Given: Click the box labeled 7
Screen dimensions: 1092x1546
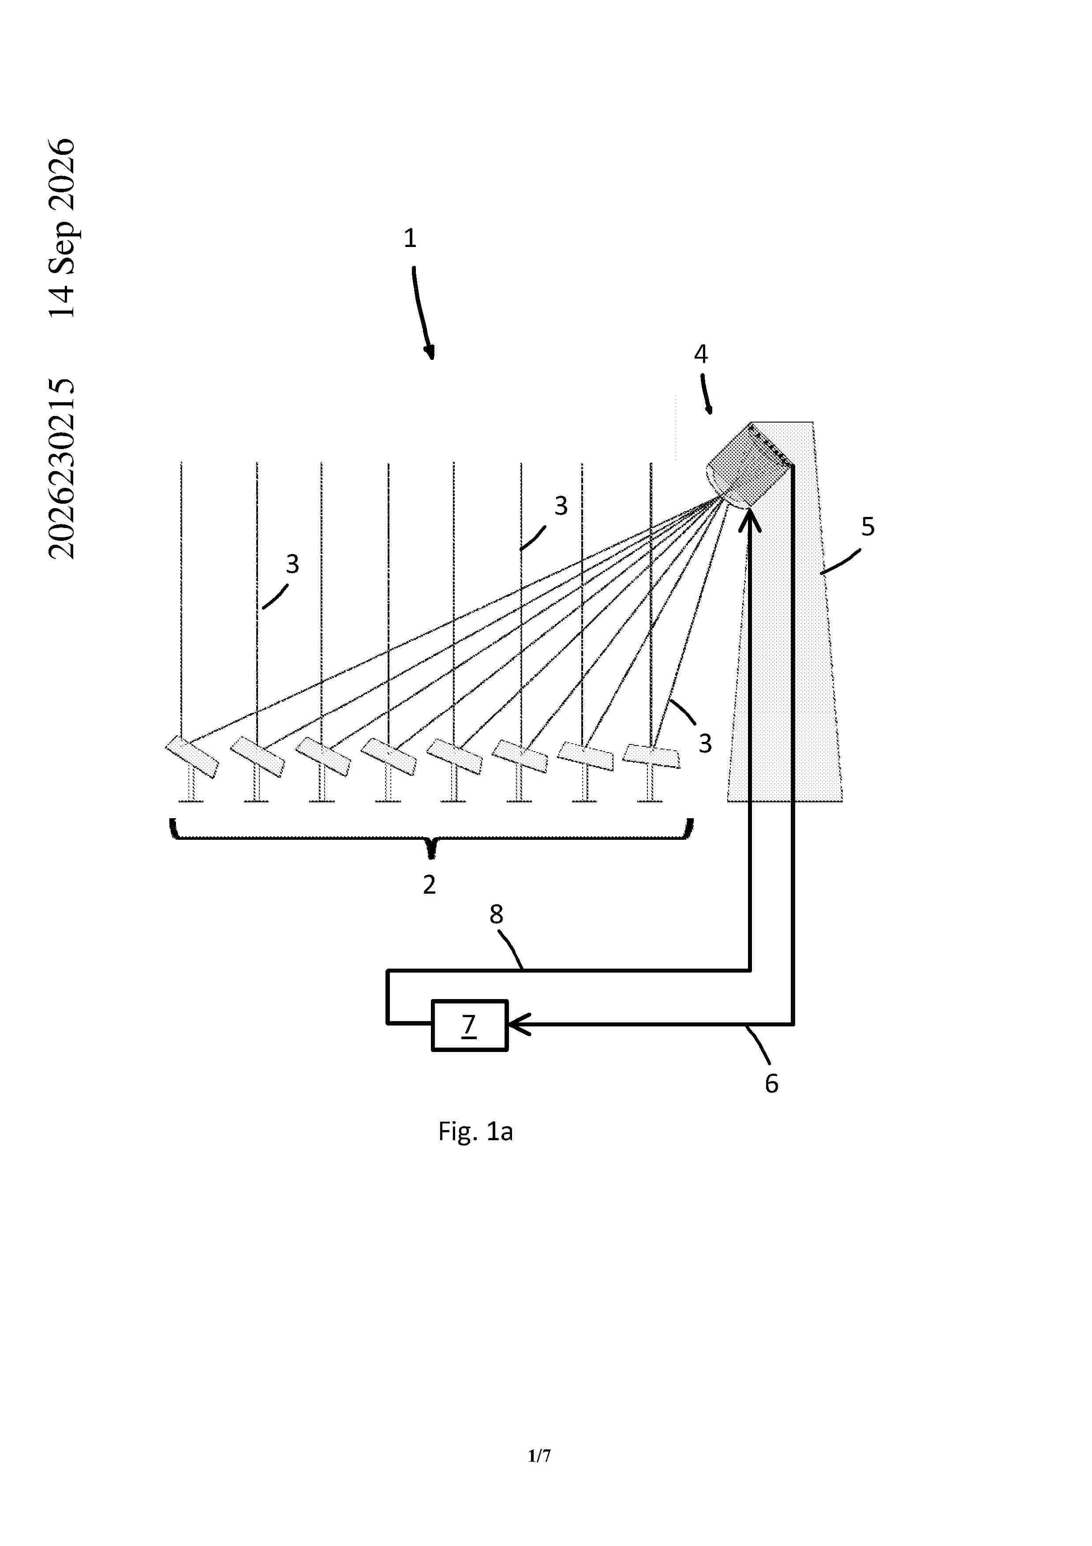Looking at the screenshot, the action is point(469,1025).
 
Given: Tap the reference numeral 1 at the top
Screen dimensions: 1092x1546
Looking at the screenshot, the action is point(410,238).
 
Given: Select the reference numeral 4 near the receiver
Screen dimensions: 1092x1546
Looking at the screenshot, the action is point(701,354).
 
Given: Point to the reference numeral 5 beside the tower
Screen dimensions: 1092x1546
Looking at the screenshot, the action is point(868,527).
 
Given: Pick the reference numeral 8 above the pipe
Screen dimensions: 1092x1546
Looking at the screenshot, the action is point(496,914).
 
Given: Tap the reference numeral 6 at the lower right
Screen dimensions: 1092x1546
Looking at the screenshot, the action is point(771,1083).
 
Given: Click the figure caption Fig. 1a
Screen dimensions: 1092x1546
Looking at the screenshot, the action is point(475,1131).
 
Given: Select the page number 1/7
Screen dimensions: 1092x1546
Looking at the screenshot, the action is point(539,1456).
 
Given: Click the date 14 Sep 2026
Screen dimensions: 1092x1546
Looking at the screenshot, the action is point(62,228).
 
